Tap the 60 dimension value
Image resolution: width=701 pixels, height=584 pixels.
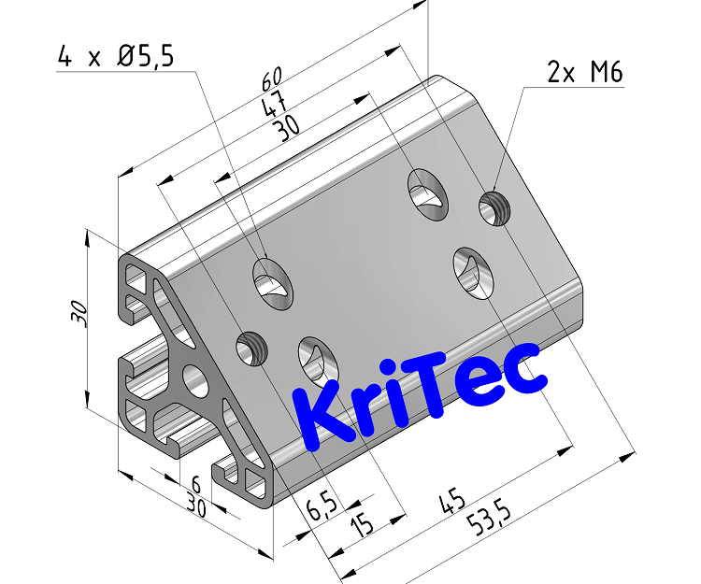273,78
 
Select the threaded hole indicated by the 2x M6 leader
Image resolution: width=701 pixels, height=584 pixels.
494,207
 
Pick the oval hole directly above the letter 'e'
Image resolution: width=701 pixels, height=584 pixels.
470,271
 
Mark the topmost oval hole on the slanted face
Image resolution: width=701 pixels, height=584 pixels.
426,191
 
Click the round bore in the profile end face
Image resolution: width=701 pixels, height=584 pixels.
194,379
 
